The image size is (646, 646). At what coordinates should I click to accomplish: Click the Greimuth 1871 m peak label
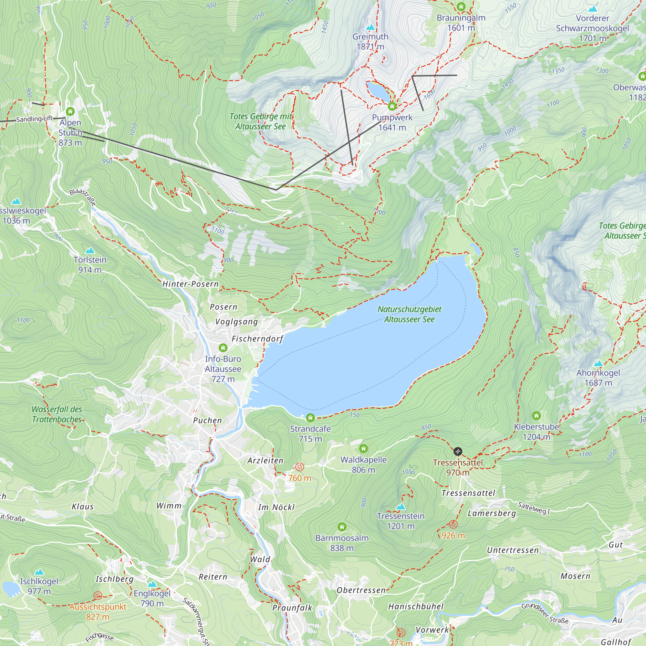tap(370, 41)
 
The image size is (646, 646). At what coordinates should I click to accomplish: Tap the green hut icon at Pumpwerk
tap(392, 107)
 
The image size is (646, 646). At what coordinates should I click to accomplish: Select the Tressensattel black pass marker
tap(458, 452)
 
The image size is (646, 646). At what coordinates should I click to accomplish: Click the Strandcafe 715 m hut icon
tap(310, 417)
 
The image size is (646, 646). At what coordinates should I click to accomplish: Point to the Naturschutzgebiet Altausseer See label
tap(409, 314)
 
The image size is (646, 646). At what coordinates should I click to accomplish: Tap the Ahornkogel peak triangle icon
tap(598, 363)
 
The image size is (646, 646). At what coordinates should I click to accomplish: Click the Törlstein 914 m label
tap(89, 265)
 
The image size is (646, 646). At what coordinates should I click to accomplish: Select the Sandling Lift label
tap(35, 119)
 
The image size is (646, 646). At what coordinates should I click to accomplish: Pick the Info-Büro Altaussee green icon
tap(223, 348)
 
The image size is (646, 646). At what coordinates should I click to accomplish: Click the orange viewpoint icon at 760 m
tap(300, 467)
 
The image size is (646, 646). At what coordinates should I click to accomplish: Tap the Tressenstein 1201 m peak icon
tap(401, 506)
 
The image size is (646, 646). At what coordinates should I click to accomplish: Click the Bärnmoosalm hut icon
tap(342, 527)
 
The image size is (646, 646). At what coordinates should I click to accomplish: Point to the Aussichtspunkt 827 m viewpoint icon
tap(98, 596)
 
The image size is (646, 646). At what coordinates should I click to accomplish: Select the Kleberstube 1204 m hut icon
tap(536, 416)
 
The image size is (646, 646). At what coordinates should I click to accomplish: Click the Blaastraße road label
tap(83, 197)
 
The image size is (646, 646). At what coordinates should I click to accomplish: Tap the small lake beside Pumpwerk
tap(379, 91)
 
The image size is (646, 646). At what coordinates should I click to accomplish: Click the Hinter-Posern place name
tap(190, 284)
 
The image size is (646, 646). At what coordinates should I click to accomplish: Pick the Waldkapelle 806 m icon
tap(363, 448)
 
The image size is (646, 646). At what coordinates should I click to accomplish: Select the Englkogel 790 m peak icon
tap(152, 584)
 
